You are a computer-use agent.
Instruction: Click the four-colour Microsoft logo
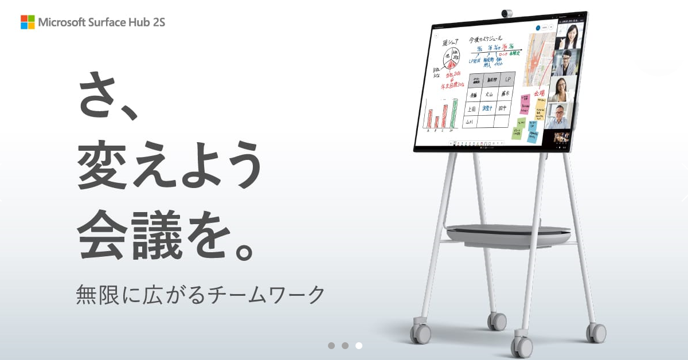(28, 22)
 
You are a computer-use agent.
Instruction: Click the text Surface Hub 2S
(126, 22)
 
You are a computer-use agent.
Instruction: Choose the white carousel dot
(359, 345)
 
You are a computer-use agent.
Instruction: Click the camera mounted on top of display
(507, 13)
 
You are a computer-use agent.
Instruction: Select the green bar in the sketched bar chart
(454, 113)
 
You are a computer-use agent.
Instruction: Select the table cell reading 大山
(489, 94)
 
